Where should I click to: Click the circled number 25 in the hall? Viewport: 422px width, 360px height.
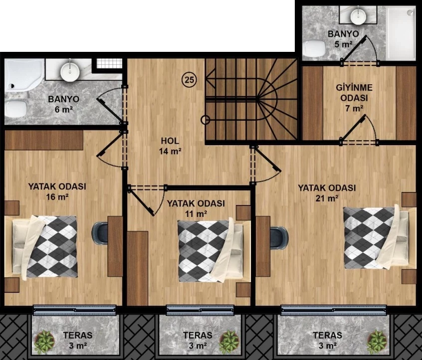190,80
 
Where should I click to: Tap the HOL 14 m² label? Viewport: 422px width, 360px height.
170,146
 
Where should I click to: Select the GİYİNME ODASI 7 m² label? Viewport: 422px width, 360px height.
354,98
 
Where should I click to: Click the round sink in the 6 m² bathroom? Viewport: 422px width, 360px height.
70,71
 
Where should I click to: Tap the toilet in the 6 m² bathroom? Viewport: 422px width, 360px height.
15,109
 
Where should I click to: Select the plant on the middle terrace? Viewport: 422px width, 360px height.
228,342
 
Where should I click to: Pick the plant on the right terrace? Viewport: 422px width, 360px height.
377,342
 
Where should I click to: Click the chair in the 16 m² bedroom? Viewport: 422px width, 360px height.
100,233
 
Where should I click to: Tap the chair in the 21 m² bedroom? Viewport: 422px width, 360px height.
278,237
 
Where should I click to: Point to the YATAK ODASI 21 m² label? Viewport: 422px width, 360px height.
327,192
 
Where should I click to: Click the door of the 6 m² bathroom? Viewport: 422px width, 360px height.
110,110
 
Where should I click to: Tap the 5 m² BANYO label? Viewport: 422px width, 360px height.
343,39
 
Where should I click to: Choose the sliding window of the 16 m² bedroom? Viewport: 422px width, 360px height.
74,310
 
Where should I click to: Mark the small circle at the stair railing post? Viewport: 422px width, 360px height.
205,120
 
